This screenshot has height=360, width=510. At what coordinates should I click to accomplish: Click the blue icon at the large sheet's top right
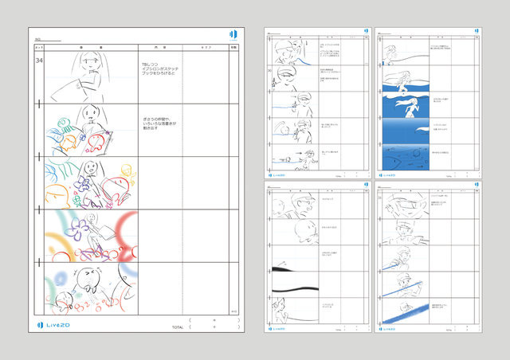(233, 34)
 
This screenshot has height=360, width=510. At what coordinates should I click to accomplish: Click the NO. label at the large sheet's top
(38, 39)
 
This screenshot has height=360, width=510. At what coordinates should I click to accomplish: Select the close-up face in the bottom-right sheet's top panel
(406, 207)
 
